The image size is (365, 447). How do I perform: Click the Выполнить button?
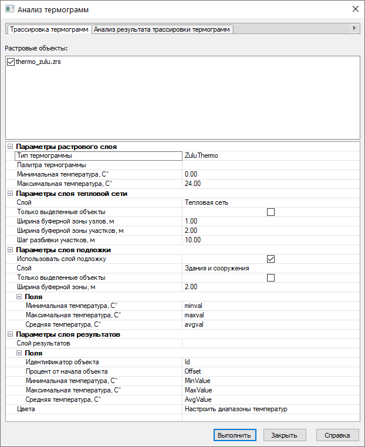click(235, 435)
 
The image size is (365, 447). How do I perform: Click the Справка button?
click(337, 435)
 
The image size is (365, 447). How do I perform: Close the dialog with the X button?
click(354, 9)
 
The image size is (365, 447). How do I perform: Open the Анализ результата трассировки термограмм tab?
click(163, 29)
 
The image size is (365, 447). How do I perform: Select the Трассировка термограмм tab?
click(49, 29)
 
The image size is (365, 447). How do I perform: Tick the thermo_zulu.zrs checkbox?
click(11, 62)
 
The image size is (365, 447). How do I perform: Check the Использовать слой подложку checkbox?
click(271, 259)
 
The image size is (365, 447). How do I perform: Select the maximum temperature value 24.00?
click(193, 184)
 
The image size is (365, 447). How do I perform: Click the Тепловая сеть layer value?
click(206, 202)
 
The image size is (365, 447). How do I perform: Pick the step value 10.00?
click(193, 240)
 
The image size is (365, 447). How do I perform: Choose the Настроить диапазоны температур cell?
click(235, 409)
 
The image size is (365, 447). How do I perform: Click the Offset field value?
click(192, 371)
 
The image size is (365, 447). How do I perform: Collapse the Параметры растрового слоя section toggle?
click(10, 147)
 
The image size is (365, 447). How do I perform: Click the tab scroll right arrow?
click(354, 28)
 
